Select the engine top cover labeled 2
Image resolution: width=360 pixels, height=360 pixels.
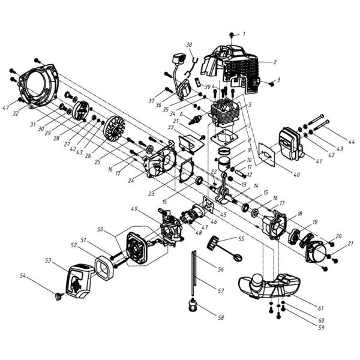234,66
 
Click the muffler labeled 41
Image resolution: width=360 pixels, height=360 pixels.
290,144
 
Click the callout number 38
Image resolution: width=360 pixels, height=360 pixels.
189,45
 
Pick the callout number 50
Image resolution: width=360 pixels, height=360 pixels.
100,230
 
